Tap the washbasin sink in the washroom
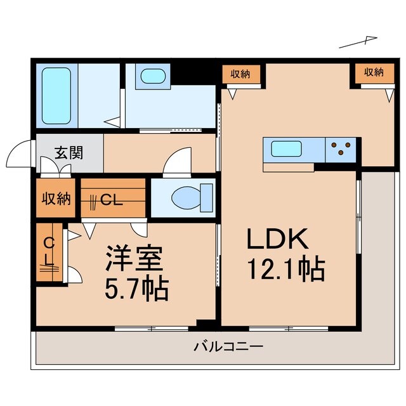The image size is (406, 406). point(152,76)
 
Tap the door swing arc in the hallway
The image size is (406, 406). point(177,160)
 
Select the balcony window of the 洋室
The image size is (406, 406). point(152,329)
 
